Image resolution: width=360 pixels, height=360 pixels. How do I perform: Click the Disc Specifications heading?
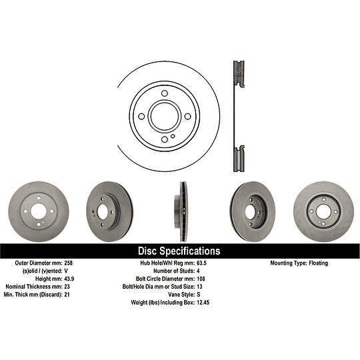tap(179, 251)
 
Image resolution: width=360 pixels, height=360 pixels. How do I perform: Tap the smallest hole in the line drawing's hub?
tap(173, 137)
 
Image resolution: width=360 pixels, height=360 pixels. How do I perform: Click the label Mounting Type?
tap(287, 263)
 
